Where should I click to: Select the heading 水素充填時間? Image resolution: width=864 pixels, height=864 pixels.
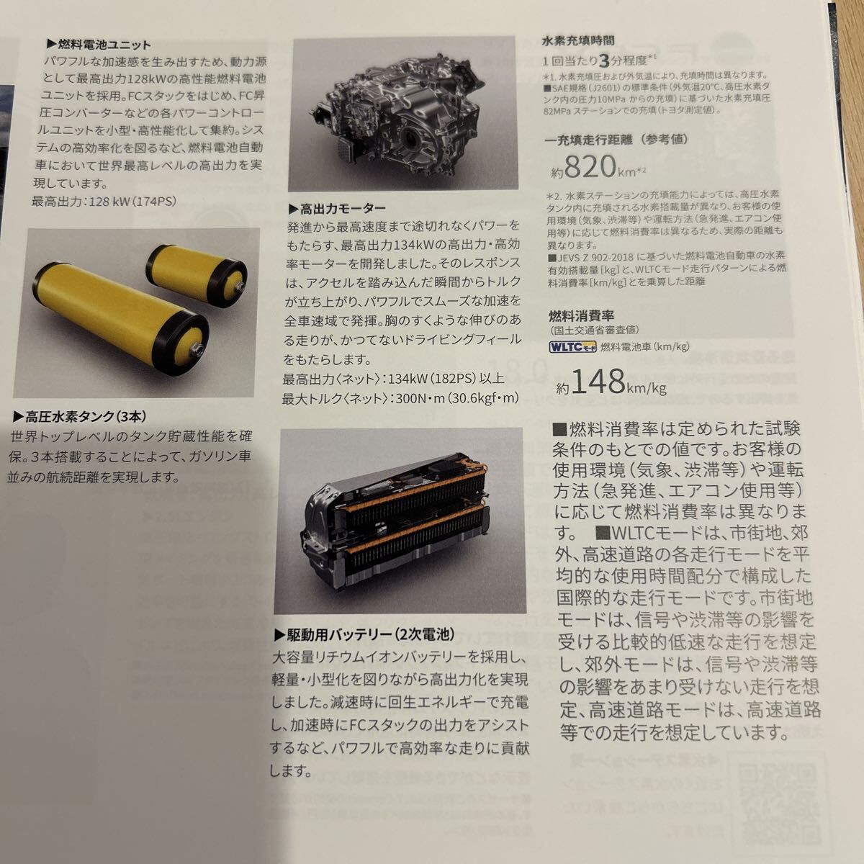tap(578, 41)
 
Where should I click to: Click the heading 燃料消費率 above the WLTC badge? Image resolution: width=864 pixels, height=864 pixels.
tap(582, 315)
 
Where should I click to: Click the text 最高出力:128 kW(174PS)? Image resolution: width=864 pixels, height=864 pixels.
tap(104, 202)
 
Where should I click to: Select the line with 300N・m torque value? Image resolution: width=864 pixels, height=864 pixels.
tap(401, 398)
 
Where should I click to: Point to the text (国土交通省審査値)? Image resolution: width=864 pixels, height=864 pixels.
tap(586, 330)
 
